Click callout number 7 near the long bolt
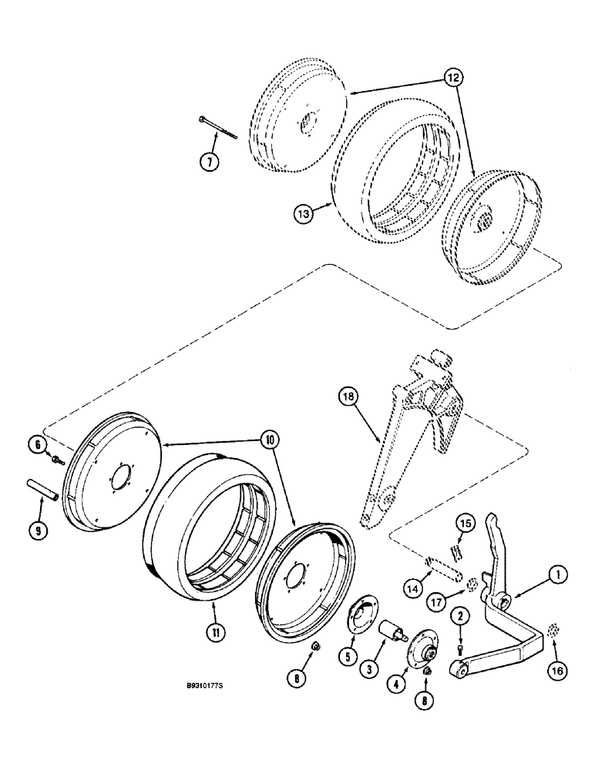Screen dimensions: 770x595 [208, 162]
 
